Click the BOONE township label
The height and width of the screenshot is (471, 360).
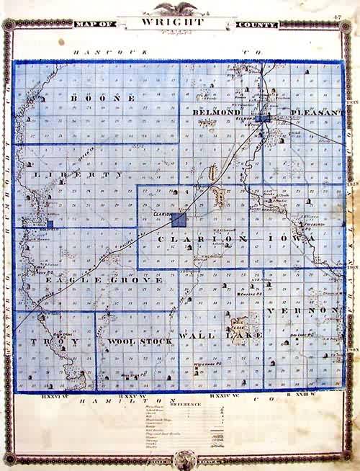point(101,97)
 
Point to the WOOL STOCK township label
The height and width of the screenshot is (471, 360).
point(137,340)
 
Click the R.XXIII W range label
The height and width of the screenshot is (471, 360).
point(303,394)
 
